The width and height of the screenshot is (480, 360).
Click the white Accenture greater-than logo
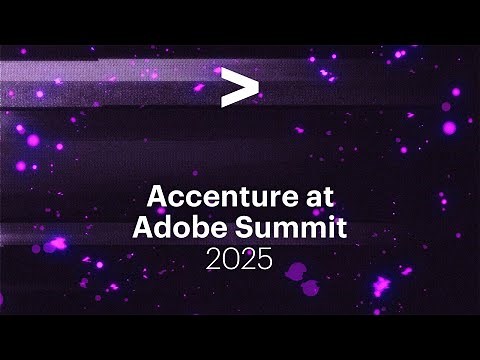(x=239, y=88)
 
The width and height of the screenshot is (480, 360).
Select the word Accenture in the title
(x=222, y=193)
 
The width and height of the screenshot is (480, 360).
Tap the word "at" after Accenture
(x=318, y=194)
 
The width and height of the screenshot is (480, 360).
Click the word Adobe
(x=173, y=227)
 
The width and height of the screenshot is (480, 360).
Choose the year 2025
(x=239, y=261)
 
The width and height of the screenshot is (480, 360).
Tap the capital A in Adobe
(x=143, y=227)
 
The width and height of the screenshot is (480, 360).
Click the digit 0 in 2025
(x=230, y=261)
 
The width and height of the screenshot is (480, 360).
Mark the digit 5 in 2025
(x=264, y=261)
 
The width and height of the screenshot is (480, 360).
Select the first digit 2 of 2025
(x=214, y=261)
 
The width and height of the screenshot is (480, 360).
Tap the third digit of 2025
(x=247, y=261)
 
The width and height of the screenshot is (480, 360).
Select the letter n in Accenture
(x=225, y=195)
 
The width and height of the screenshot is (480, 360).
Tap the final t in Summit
(x=340, y=227)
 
